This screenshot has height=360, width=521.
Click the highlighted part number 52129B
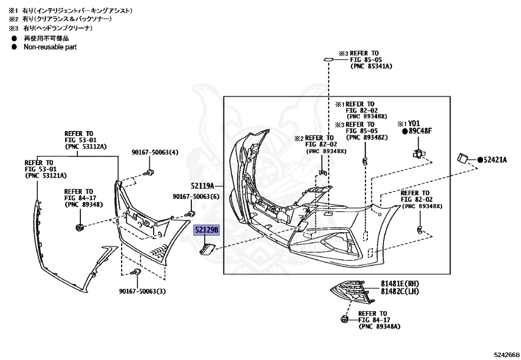click(206, 231)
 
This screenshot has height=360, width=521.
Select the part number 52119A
click(203, 185)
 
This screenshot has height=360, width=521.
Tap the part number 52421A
click(496, 160)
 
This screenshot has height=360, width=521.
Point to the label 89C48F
click(420, 131)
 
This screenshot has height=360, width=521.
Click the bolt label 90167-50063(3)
click(142, 291)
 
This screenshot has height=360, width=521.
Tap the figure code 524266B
click(506, 354)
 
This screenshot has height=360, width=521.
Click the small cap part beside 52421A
click(464, 158)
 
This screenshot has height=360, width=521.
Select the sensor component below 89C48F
click(419, 153)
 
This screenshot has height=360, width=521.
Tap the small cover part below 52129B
click(208, 249)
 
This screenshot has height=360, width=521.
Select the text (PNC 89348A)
click(379, 326)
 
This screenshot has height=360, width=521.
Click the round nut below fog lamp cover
click(343, 319)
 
